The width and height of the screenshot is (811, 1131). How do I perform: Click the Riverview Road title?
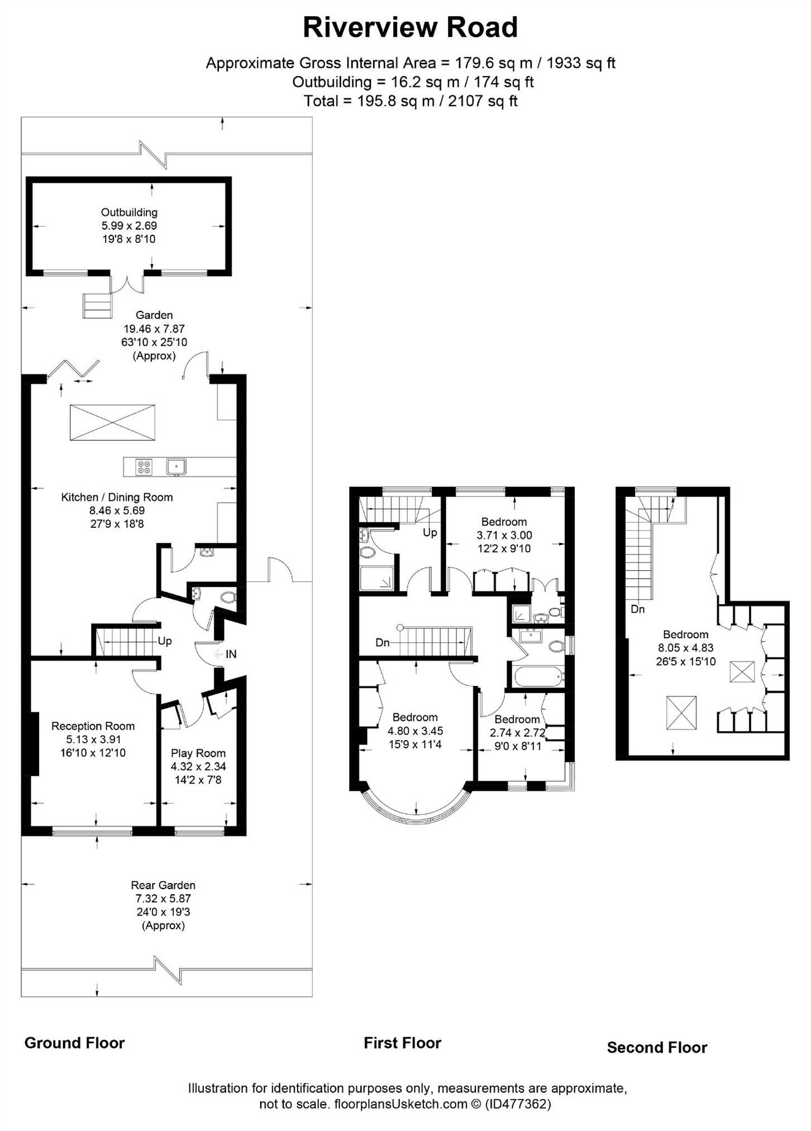click(x=410, y=27)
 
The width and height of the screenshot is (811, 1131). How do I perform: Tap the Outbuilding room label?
click(x=129, y=212)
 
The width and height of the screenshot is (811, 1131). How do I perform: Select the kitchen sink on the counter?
click(x=176, y=466)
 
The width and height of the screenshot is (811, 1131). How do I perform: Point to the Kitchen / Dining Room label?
click(x=117, y=497)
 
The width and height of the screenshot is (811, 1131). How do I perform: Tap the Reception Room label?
click(x=93, y=726)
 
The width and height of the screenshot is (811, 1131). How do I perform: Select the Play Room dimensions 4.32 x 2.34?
click(x=198, y=766)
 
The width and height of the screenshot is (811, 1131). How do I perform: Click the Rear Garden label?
click(x=163, y=885)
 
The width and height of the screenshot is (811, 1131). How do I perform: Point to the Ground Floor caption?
click(x=74, y=1043)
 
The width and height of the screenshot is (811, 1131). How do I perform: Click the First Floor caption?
click(x=402, y=1043)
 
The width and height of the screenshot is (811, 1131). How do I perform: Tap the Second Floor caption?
click(x=657, y=1047)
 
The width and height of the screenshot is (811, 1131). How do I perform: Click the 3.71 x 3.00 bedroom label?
click(x=504, y=535)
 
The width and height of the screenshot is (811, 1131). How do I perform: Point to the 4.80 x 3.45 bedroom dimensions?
click(x=415, y=731)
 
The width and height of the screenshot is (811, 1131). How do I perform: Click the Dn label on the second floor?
click(x=637, y=609)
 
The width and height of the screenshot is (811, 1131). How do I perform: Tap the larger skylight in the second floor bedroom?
click(x=681, y=713)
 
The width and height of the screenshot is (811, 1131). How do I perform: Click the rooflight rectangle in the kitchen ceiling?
click(x=112, y=422)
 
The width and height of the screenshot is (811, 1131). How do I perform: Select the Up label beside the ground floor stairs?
click(x=164, y=641)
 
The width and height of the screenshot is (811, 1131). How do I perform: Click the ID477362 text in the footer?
click(x=518, y=1104)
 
